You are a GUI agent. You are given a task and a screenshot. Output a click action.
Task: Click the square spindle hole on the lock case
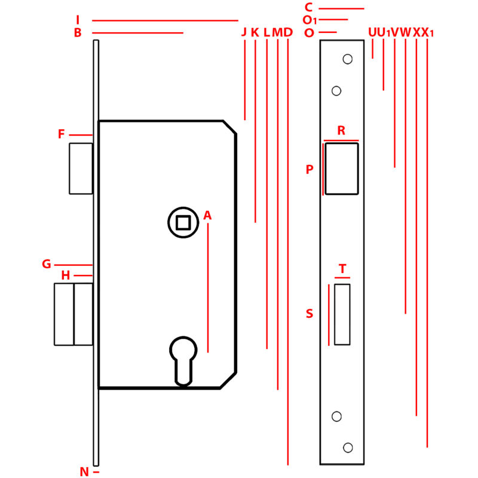(183, 223)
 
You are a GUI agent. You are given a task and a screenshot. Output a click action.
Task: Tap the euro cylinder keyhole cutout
(183, 358)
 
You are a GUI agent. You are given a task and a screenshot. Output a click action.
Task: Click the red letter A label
(207, 215)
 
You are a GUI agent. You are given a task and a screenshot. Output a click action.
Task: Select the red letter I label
(78, 20)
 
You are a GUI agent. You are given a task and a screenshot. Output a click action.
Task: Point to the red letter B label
(78, 33)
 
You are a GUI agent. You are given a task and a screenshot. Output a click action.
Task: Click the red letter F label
(61, 134)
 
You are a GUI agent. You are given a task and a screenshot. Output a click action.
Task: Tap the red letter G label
(47, 264)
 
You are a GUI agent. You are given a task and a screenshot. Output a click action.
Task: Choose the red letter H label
(66, 275)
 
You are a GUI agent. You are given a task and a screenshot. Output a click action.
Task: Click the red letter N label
(84, 472)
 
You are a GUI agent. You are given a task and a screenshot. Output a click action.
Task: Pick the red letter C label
(308, 8)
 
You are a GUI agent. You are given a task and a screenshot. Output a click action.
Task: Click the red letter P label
(310, 170)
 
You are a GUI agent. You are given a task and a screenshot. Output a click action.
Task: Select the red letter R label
(341, 131)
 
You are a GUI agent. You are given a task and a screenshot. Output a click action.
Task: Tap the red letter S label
(310, 314)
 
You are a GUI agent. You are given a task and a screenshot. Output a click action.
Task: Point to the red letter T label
(342, 269)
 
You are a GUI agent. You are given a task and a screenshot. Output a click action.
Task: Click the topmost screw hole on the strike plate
(347, 59)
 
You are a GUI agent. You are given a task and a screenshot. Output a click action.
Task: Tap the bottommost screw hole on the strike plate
(348, 448)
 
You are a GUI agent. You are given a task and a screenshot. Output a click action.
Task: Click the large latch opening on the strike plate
(341, 168)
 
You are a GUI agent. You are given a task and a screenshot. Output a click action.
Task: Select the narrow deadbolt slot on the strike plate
(342, 314)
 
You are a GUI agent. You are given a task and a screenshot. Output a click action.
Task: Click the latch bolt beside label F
(81, 168)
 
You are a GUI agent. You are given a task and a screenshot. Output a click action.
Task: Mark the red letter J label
(244, 32)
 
